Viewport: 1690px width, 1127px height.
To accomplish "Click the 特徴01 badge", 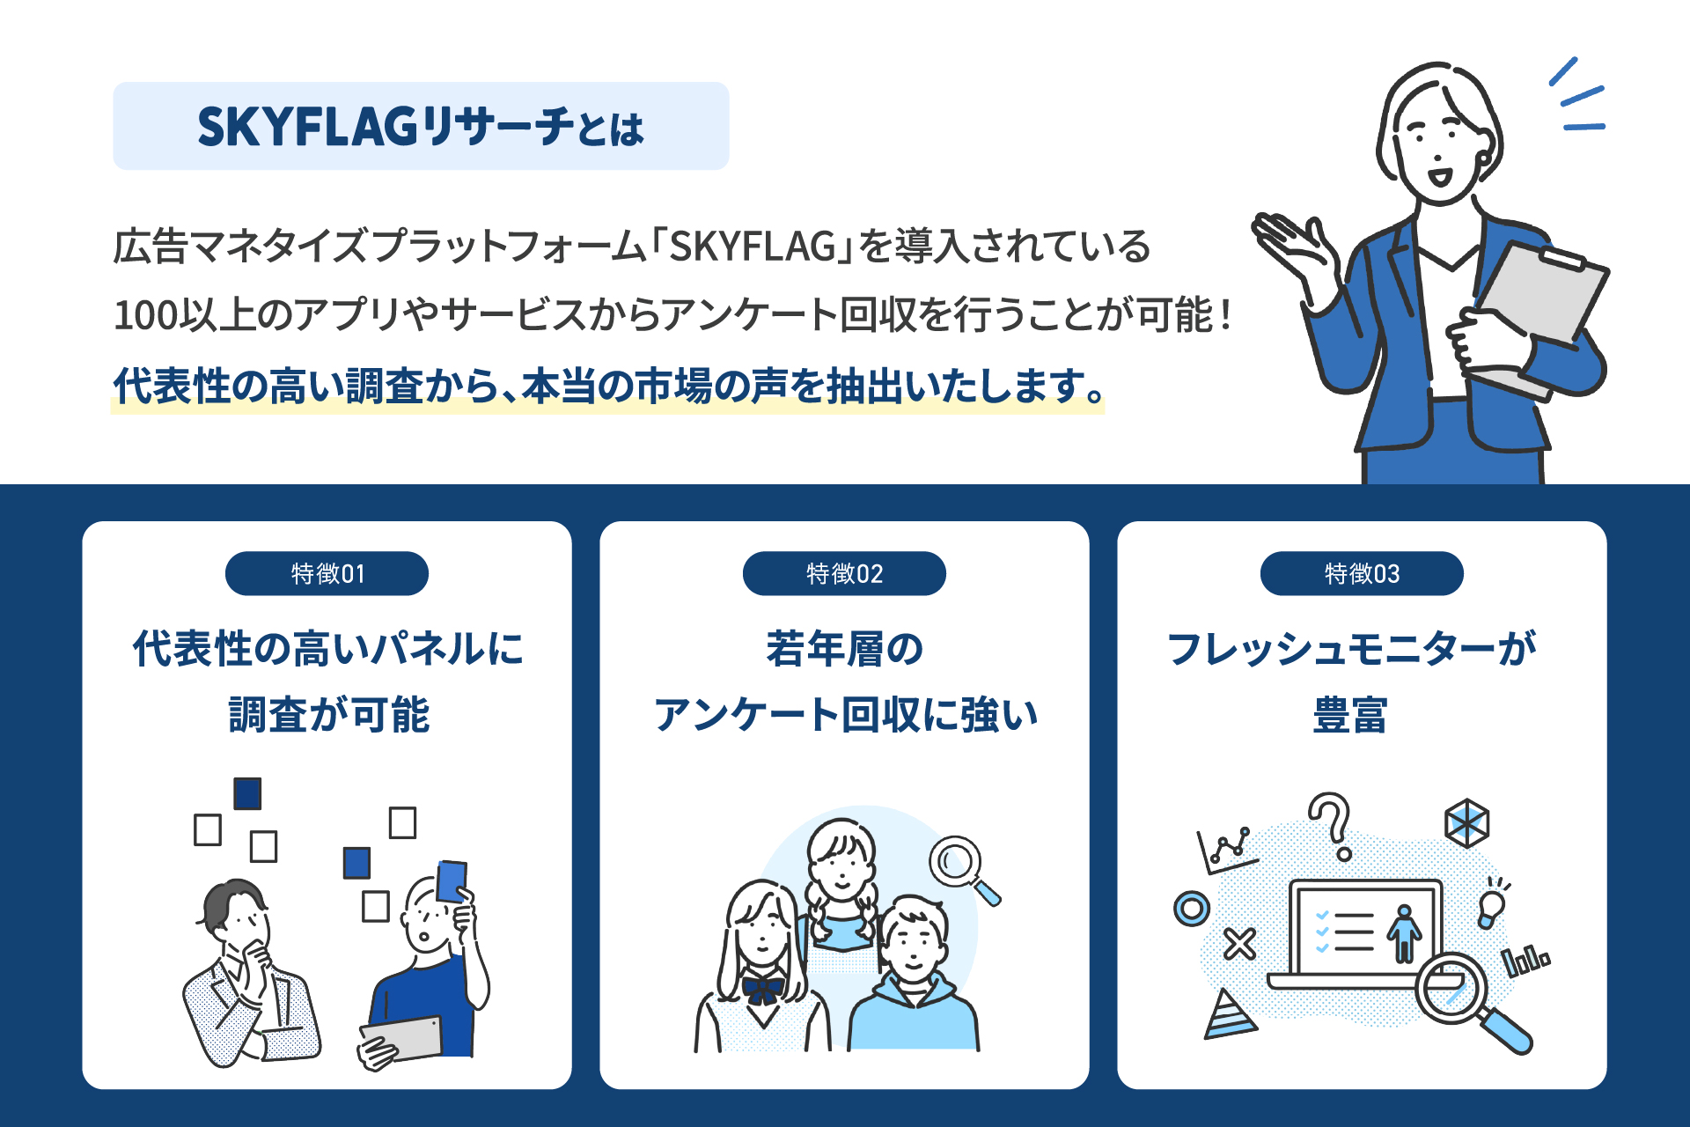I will tap(327, 574).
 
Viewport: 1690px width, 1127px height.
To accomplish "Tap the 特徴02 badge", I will tap(844, 574).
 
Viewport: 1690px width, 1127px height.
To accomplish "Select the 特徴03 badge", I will tap(1362, 574).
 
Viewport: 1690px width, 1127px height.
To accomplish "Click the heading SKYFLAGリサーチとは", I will tap(421, 127).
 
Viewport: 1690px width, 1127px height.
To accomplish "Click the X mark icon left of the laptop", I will tap(1239, 945).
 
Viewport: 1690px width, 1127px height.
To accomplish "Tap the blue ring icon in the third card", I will tap(1192, 908).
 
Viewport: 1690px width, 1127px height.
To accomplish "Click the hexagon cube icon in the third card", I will tap(1466, 823).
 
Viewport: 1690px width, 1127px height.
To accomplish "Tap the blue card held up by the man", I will tap(452, 880).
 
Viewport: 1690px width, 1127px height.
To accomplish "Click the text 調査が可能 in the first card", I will tap(328, 714).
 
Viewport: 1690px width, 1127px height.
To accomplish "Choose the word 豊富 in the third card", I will tap(1350, 714).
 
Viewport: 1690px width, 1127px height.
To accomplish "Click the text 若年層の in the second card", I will tap(844, 649).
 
